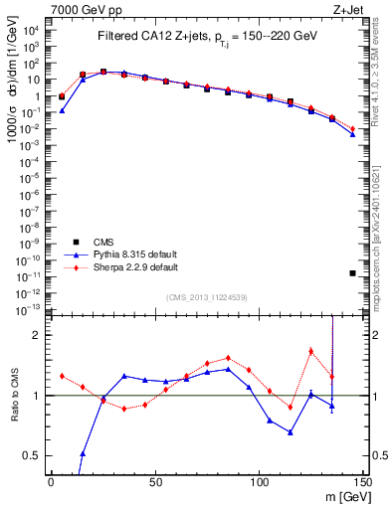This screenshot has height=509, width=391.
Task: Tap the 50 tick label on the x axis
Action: click(x=155, y=481)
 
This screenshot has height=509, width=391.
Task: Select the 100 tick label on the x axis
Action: click(x=259, y=481)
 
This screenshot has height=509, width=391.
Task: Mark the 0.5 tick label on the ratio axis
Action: click(x=32, y=455)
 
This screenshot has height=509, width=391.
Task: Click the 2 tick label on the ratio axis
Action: click(x=37, y=336)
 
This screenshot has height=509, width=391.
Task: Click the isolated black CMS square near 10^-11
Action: click(x=352, y=273)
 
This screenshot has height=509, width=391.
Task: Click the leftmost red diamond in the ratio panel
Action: click(x=62, y=376)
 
